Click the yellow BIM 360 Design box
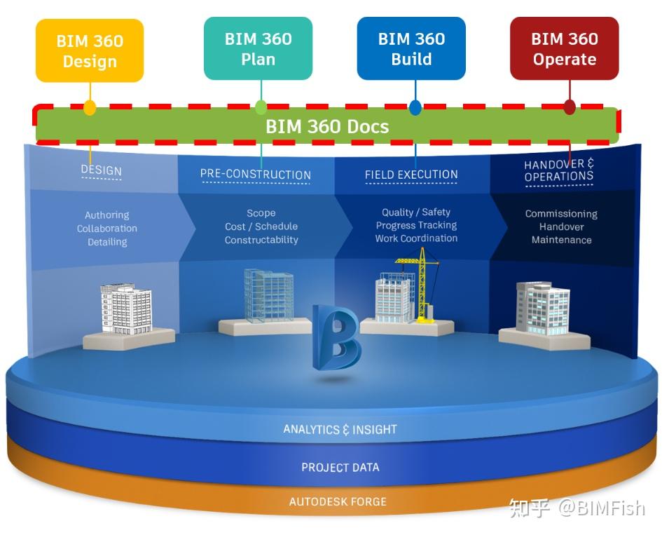click(x=90, y=50)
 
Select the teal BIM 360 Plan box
click(x=258, y=48)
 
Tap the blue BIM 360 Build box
click(x=411, y=48)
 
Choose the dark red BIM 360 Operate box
click(x=564, y=48)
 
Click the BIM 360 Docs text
click(x=326, y=127)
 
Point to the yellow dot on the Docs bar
click(x=90, y=108)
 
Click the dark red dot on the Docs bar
click(x=570, y=107)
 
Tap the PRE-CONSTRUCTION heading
click(x=255, y=175)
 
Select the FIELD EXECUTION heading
click(x=411, y=175)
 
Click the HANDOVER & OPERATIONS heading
click(x=558, y=170)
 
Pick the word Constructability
click(x=261, y=240)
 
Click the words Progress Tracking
click(x=416, y=225)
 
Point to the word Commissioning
click(x=561, y=214)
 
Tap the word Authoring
click(x=107, y=215)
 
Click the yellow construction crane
click(x=420, y=284)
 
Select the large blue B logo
click(x=336, y=337)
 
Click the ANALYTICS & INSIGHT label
click(x=340, y=429)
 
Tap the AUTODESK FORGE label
click(x=338, y=502)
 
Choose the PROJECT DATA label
click(x=340, y=467)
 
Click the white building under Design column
click(x=125, y=309)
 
